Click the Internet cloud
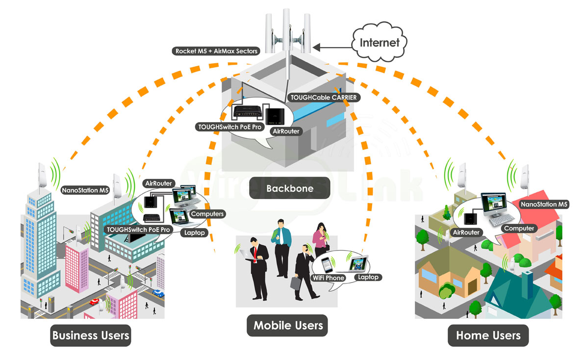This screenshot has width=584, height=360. (x=380, y=42)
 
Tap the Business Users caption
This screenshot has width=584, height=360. (x=91, y=335)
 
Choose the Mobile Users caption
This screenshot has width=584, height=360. (x=288, y=325)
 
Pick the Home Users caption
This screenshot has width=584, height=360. (x=488, y=335)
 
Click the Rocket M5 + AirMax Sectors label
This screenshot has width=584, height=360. (x=216, y=51)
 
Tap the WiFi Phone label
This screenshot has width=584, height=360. (x=328, y=278)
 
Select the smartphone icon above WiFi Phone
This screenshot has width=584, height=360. (x=328, y=265)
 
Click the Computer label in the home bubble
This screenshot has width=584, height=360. (x=519, y=229)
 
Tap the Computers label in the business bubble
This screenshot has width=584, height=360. (x=207, y=214)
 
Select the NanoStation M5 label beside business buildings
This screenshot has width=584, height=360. (x=84, y=190)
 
